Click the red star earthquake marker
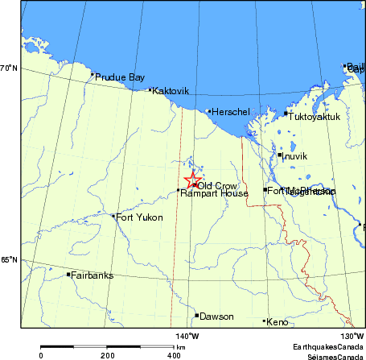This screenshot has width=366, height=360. point(191,180)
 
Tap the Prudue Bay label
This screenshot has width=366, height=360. point(120,77)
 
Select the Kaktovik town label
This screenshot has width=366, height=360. point(171,91)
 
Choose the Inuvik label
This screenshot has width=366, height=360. point(295,156)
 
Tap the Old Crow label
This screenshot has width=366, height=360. point(217,186)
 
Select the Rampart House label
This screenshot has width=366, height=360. point(203,193)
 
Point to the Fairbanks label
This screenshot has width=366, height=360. point(92,275)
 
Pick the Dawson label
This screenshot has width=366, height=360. point(216,317)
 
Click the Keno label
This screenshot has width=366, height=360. point(277,322)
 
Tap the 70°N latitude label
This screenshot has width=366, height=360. point(9,68)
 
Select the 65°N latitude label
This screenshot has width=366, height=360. point(9,259)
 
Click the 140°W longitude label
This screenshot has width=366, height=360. point(187,335)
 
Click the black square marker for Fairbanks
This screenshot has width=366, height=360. point(68,275)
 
